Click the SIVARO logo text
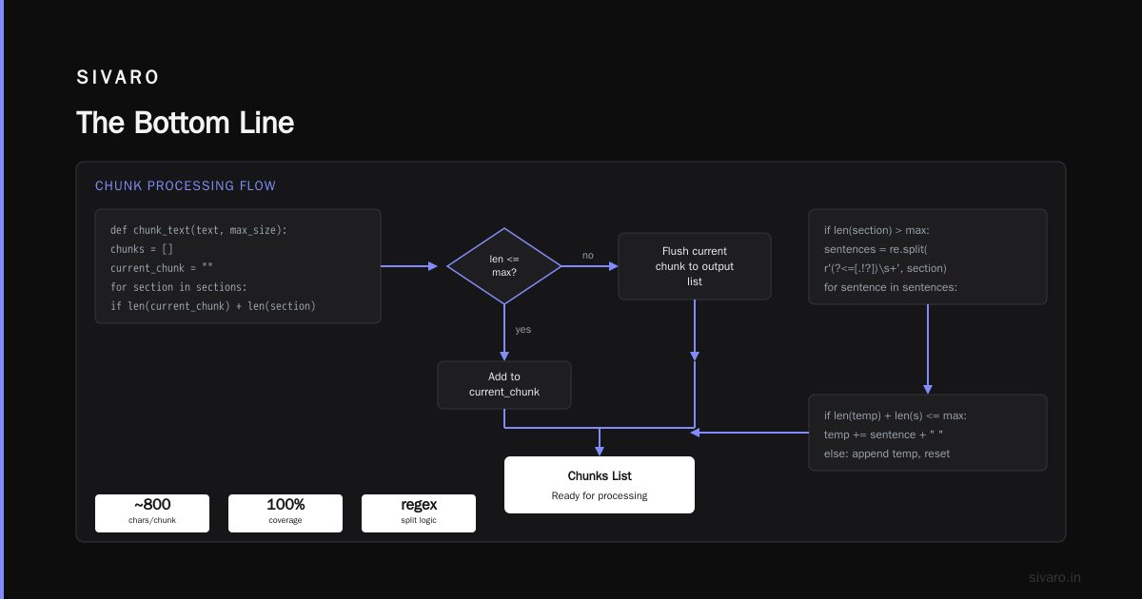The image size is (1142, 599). (x=118, y=77)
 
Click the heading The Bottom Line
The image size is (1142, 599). (x=185, y=123)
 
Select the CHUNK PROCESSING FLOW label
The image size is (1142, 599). (x=185, y=186)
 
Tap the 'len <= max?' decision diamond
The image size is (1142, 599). (x=504, y=266)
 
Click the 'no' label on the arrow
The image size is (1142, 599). (x=588, y=255)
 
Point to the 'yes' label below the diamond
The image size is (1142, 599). (x=523, y=330)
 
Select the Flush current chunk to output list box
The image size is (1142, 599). (x=695, y=266)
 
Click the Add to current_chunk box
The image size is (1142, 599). (x=504, y=384)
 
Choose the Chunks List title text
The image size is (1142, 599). (x=600, y=475)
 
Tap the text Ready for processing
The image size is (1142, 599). (x=600, y=495)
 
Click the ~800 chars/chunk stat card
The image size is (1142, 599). (x=152, y=512)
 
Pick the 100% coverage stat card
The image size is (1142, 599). (x=285, y=512)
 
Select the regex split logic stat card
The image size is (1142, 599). (x=419, y=512)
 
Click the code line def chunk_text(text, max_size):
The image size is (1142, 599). (x=199, y=230)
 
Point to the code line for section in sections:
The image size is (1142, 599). (x=179, y=287)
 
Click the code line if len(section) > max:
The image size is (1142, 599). (x=876, y=230)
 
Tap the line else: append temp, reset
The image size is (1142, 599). (x=887, y=454)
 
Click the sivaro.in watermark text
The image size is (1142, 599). (x=1054, y=577)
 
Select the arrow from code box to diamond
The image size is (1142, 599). (x=409, y=266)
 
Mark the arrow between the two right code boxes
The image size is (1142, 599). (x=928, y=349)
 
